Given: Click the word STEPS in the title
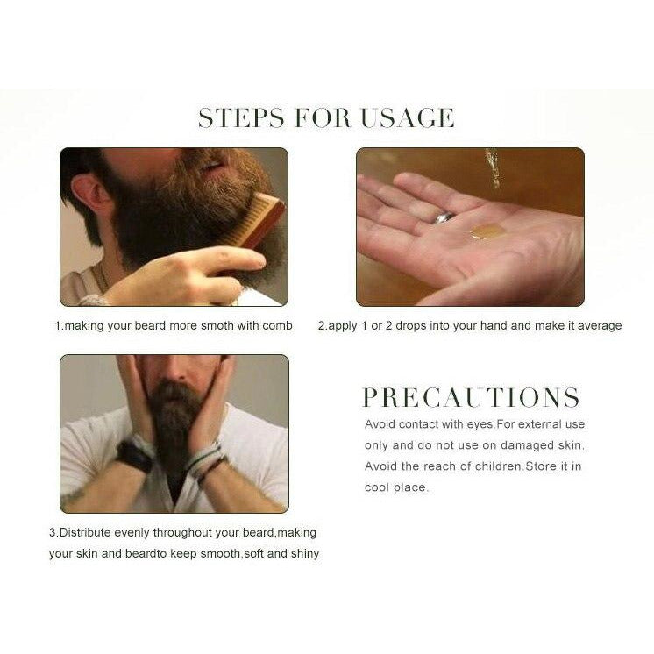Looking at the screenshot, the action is (241, 117).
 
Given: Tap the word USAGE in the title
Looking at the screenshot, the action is (407, 117).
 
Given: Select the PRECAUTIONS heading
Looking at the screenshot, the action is (471, 397).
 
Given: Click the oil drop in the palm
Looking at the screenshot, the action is (486, 231).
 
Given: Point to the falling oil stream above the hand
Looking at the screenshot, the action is (493, 168).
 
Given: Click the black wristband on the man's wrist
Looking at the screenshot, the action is (134, 457).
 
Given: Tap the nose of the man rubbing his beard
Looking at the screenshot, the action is (176, 370).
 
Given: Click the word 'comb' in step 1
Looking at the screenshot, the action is (277, 325).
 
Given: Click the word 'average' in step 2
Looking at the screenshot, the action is (600, 326).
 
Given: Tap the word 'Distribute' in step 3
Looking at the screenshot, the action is (85, 533).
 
